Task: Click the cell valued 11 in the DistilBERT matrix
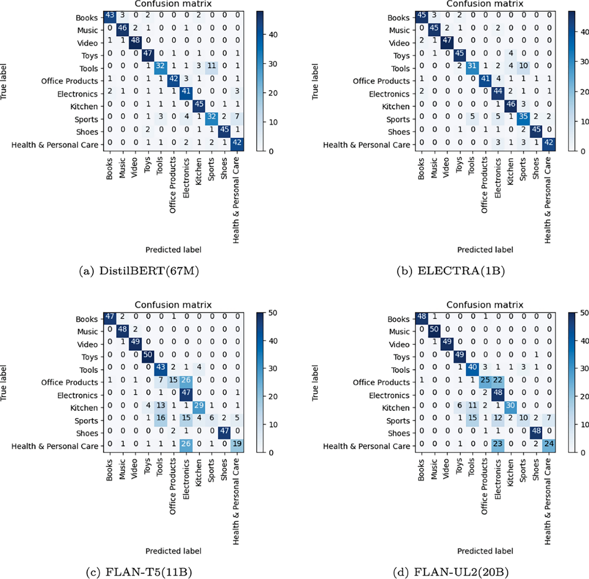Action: click(211, 69)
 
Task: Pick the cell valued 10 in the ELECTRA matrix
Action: click(523, 69)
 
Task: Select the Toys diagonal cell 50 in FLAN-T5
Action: click(147, 357)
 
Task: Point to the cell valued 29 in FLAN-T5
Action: click(198, 408)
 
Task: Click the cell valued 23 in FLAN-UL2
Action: click(497, 446)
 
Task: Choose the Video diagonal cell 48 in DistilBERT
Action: click(134, 43)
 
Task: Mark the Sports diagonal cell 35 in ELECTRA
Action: click(523, 119)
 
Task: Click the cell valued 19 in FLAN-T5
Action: click(237, 446)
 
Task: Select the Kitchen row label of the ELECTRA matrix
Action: click(396, 106)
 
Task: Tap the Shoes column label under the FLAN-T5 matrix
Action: click(224, 470)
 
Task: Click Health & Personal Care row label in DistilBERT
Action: click(54, 145)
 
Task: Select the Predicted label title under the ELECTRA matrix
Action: click(485, 250)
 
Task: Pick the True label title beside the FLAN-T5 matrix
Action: click(4, 383)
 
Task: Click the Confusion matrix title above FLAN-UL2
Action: click(485, 305)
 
